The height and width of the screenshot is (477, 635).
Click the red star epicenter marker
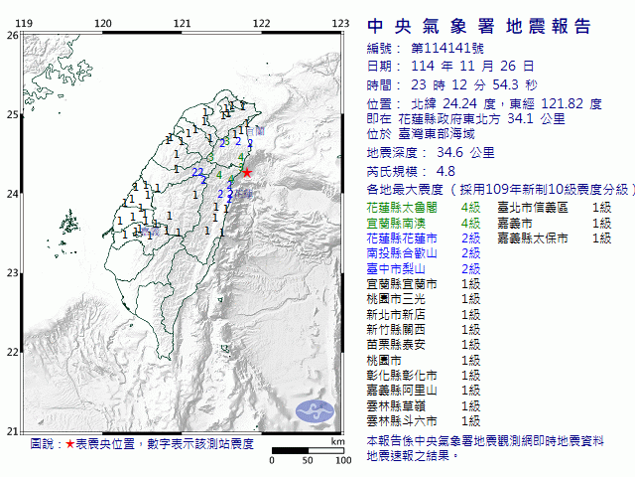pos(247,172)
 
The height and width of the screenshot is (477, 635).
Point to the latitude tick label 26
pos(11,35)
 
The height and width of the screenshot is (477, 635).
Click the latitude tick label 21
pos(11,430)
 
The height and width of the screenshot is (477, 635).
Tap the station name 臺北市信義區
pos(533,207)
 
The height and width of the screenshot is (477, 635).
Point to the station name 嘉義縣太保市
pos(533,238)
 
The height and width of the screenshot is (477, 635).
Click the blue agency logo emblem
pos(317,408)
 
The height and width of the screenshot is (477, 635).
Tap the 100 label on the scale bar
pos(342,460)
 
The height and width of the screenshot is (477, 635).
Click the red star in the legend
pos(69,443)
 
